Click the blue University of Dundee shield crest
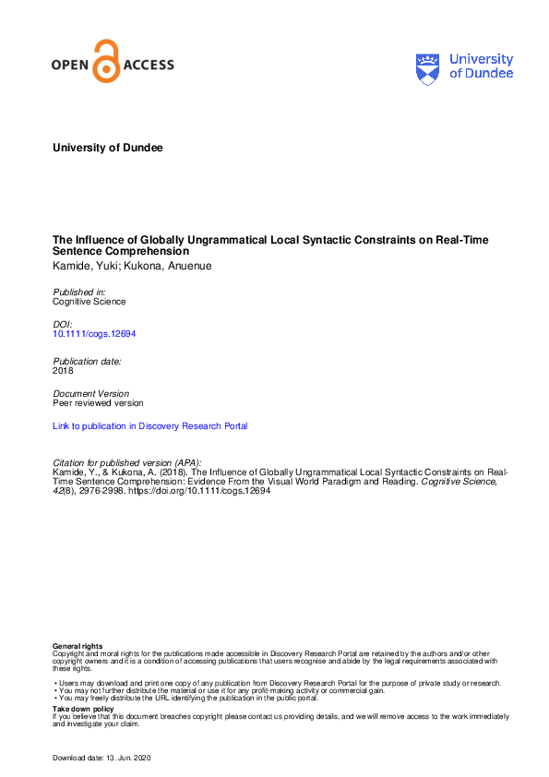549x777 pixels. [x=429, y=68]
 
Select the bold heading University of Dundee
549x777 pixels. [x=107, y=148]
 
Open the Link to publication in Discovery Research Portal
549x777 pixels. [x=149, y=426]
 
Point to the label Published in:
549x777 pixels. [x=78, y=292]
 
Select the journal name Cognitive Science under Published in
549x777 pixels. [x=90, y=301]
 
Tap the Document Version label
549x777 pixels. [x=90, y=393]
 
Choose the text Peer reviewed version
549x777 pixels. [x=98, y=402]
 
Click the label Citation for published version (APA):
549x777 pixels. [x=126, y=461]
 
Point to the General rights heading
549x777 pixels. [x=78, y=646]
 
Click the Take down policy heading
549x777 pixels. [x=83, y=709]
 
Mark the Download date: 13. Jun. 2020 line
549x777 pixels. [x=101, y=758]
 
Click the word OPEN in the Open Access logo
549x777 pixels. [x=71, y=66]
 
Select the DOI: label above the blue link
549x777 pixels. [x=62, y=325]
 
